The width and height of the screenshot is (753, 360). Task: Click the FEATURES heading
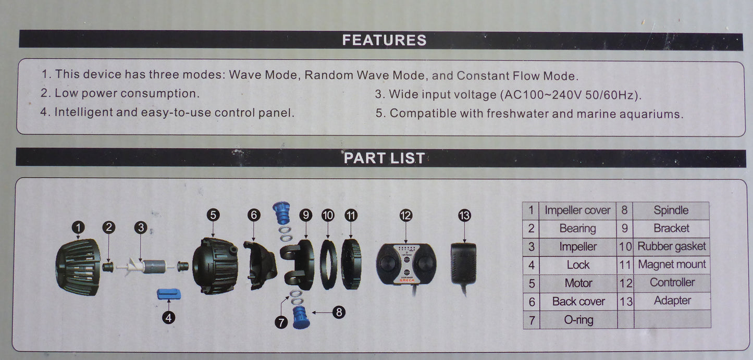pyautogui.click(x=384, y=40)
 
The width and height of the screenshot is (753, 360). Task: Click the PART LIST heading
pyautogui.click(x=384, y=158)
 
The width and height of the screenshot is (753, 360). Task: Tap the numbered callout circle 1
pyautogui.click(x=78, y=228)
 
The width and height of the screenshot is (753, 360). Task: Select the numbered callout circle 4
pyautogui.click(x=169, y=317)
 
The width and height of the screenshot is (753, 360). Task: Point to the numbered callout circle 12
pyautogui.click(x=406, y=215)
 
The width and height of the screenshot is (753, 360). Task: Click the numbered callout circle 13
pyautogui.click(x=465, y=215)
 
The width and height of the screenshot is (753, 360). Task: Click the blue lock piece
pyautogui.click(x=169, y=294)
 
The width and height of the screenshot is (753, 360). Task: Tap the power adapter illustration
pyautogui.click(x=463, y=266)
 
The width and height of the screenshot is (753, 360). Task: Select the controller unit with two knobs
pyautogui.click(x=406, y=264)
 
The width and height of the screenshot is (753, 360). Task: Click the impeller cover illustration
pyautogui.click(x=78, y=267)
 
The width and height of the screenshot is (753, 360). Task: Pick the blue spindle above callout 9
pyautogui.click(x=281, y=213)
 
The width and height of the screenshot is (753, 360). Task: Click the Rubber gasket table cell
pyautogui.click(x=671, y=246)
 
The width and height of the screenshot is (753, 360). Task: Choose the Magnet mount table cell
pyautogui.click(x=672, y=265)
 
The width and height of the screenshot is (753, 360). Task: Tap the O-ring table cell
pyautogui.click(x=578, y=320)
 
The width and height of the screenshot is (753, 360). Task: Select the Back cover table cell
pyautogui.click(x=578, y=302)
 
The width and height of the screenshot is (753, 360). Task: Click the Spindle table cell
pyautogui.click(x=671, y=210)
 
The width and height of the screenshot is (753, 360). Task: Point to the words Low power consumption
pyautogui.click(x=127, y=93)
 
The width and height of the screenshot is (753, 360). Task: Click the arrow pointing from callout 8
pyautogui.click(x=322, y=313)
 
